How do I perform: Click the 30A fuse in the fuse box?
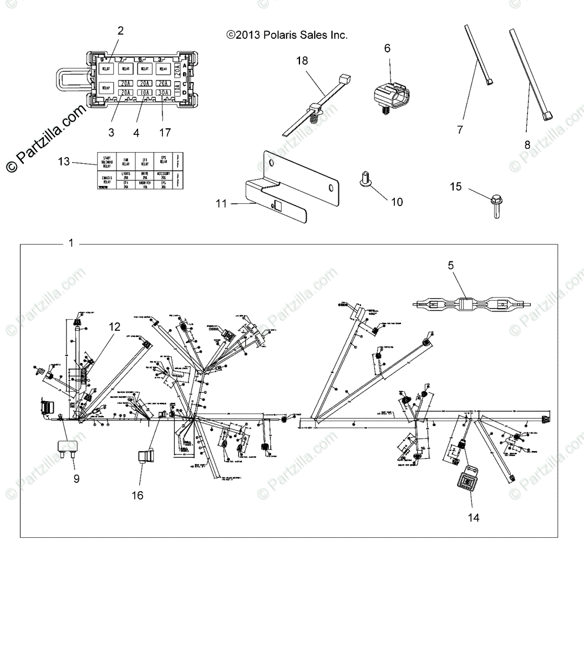[162, 93]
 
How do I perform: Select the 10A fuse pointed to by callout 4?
[145, 93]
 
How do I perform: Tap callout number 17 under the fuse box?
[165, 133]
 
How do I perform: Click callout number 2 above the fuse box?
[121, 31]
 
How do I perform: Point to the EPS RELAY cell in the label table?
[163, 162]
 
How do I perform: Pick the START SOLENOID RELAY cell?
[107, 162]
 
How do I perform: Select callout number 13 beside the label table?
[64, 162]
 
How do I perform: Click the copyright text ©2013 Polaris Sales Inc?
[287, 35]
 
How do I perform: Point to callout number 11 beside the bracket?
[221, 204]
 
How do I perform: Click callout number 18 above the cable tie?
[302, 60]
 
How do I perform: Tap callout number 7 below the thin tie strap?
[460, 130]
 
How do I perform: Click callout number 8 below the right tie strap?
[527, 145]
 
